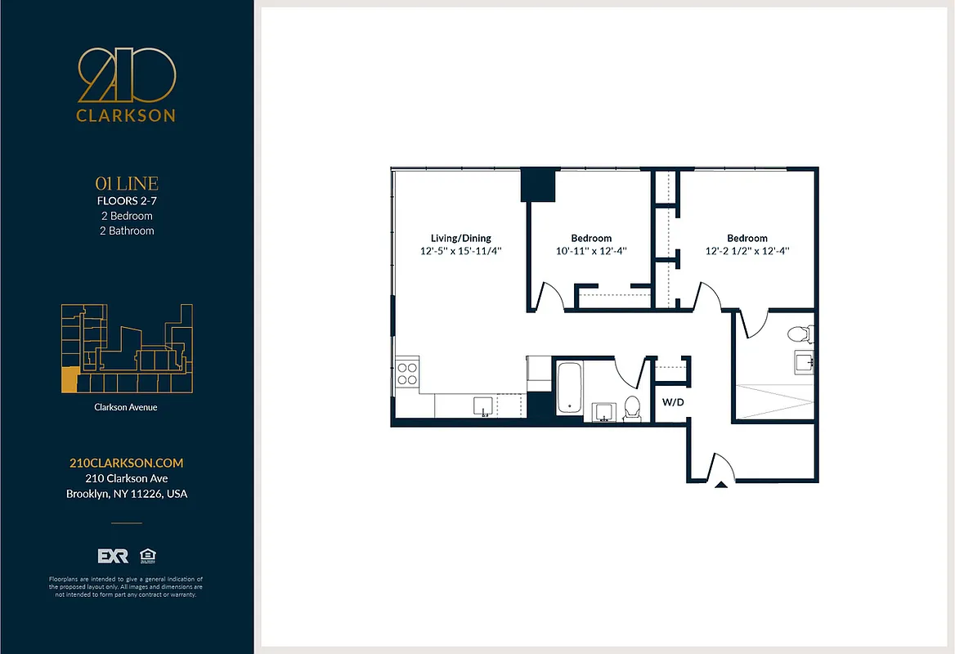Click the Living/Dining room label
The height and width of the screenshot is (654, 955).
(x=460, y=238)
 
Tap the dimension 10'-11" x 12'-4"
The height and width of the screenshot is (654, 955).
(x=591, y=252)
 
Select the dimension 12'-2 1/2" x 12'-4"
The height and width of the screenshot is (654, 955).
(x=747, y=252)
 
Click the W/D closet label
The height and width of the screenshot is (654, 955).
(x=673, y=402)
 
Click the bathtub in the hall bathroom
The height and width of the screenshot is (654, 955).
(x=569, y=389)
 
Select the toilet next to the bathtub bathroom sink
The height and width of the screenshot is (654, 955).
(x=632, y=407)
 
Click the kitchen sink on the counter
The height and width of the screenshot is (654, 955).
(x=484, y=406)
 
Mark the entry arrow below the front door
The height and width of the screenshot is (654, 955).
(x=721, y=485)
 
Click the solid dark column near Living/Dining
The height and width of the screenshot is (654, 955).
(x=538, y=185)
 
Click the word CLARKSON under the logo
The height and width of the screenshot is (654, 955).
(x=126, y=115)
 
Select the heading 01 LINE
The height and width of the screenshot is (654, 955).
(x=126, y=184)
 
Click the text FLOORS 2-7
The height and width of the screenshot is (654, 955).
(x=126, y=201)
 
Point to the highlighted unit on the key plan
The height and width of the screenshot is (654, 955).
(x=69, y=380)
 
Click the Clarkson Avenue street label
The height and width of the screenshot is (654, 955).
(x=126, y=406)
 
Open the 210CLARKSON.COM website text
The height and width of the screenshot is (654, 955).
(x=126, y=463)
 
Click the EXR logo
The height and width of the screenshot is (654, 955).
(x=113, y=556)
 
